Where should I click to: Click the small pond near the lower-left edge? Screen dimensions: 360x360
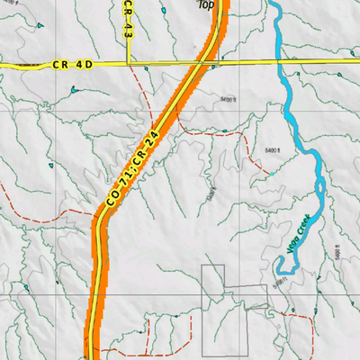(x=27, y=288)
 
